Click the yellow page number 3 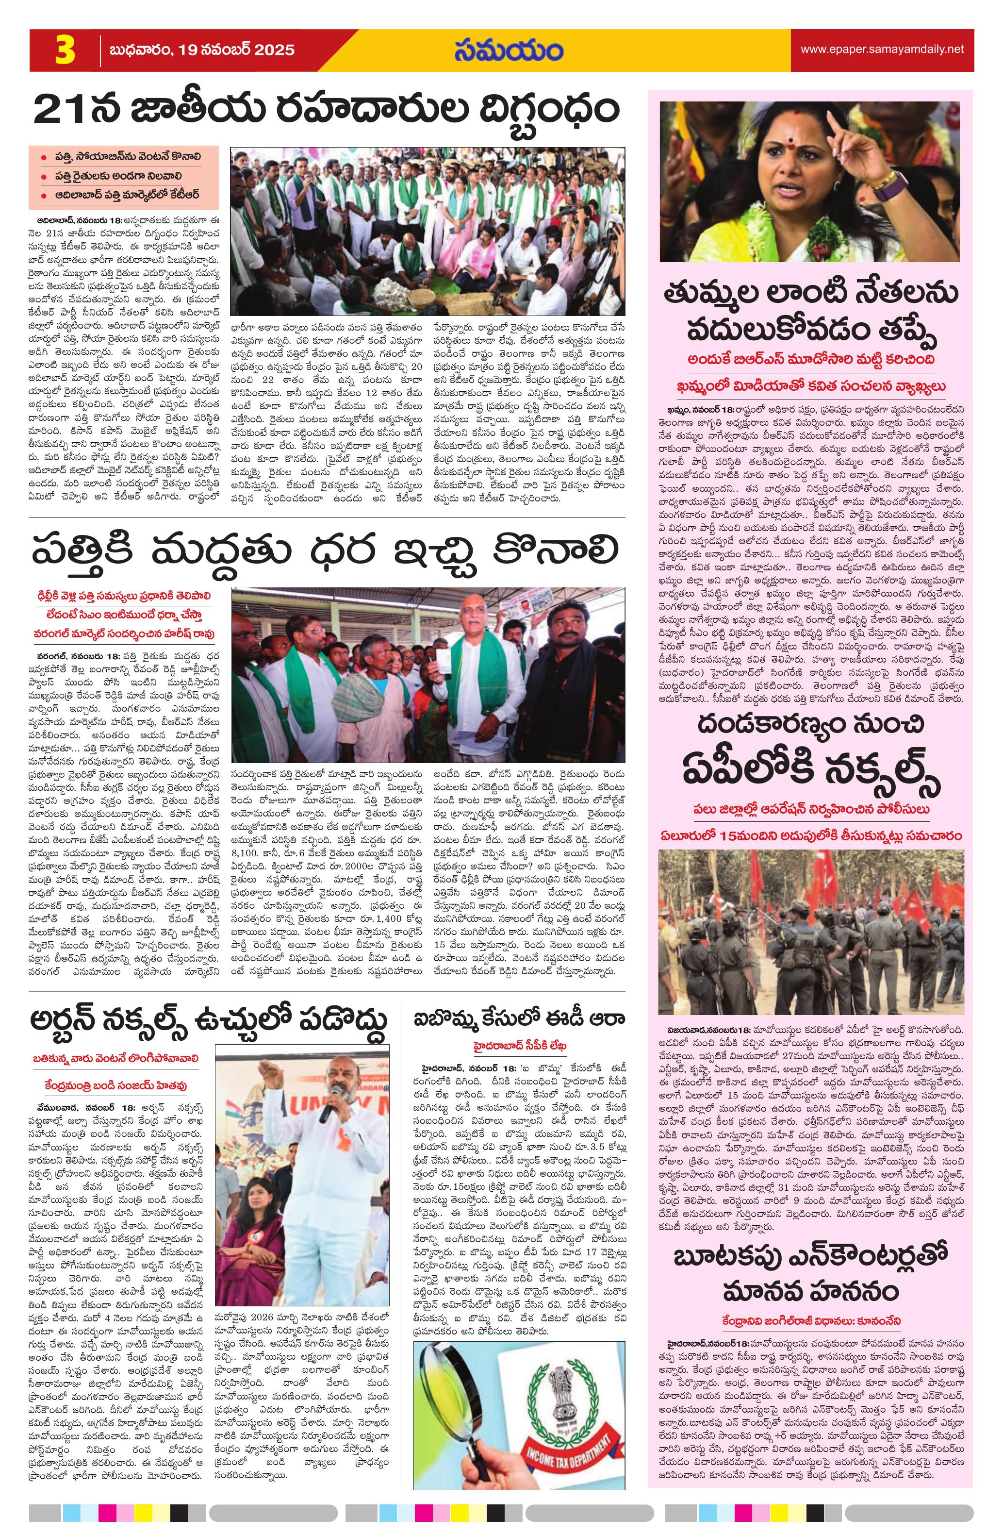(x=65, y=51)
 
